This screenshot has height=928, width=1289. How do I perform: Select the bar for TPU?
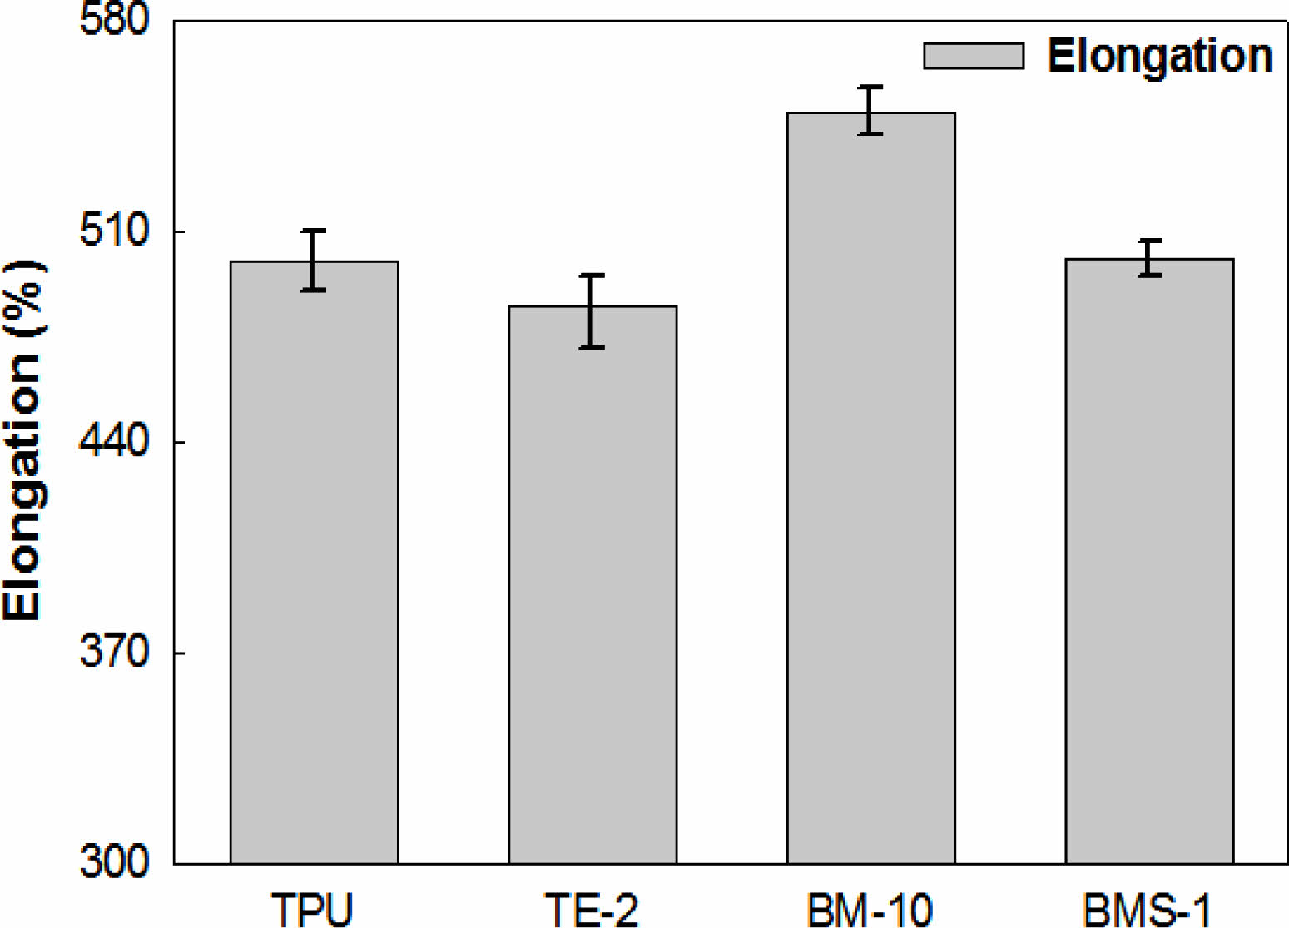click(314, 562)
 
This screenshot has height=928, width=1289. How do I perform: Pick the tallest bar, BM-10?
click(870, 488)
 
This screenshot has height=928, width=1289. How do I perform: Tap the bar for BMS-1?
click(1149, 561)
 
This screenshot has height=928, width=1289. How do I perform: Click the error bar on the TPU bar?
click(313, 260)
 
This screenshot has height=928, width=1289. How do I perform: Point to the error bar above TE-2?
click(592, 310)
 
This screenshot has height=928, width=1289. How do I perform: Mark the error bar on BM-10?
click(870, 110)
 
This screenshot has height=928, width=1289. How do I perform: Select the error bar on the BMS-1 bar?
click(1149, 257)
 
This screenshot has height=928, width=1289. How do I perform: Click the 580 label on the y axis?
click(114, 20)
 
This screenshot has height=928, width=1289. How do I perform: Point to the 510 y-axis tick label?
click(114, 231)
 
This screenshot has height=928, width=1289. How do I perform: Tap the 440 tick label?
click(114, 441)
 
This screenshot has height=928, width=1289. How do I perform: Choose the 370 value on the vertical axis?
click(114, 652)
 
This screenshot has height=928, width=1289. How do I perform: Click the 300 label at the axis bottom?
click(114, 862)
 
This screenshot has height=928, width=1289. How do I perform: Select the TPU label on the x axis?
click(312, 910)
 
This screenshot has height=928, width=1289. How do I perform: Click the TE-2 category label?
click(592, 910)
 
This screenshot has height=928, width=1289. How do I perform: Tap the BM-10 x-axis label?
click(870, 910)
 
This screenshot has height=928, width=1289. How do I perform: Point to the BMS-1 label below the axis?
click(1148, 910)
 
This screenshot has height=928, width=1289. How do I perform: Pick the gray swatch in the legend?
click(974, 56)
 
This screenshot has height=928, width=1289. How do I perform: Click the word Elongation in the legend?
click(1159, 56)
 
